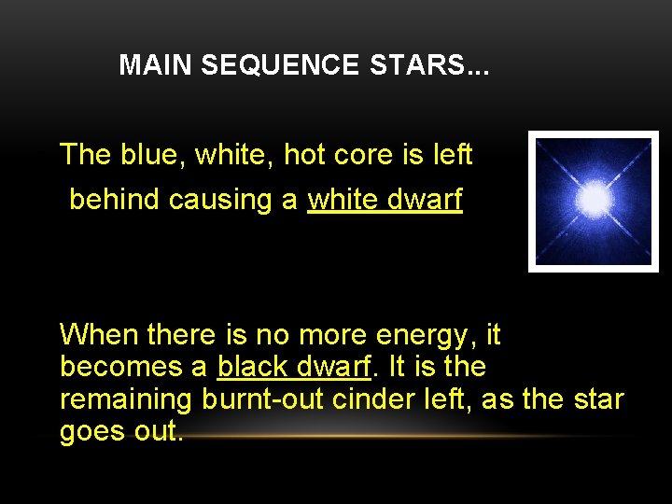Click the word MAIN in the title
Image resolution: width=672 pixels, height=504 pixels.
tap(156, 65)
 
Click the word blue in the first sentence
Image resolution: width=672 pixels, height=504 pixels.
tap(151, 155)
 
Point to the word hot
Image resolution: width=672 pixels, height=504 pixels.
tap(304, 155)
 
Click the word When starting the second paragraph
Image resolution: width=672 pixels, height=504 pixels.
tap(99, 334)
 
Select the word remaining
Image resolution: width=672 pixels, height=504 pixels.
tap(126, 399)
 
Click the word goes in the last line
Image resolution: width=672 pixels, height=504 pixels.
tap(90, 432)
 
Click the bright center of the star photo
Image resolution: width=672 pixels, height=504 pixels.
tap(594, 199)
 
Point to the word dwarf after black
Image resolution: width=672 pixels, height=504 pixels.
tap(337, 367)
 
